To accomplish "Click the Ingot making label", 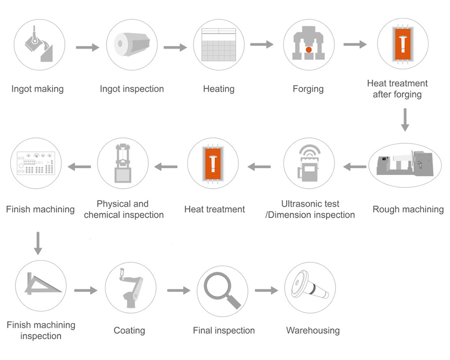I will [x=37, y=89].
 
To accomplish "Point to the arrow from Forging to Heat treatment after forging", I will [x=355, y=44].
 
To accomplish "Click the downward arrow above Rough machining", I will [x=405, y=120].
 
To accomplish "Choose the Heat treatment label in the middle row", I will [x=215, y=209].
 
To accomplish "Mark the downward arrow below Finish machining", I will [x=38, y=243].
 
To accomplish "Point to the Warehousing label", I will [x=313, y=331].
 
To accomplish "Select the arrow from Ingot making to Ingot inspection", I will [x=87, y=47].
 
